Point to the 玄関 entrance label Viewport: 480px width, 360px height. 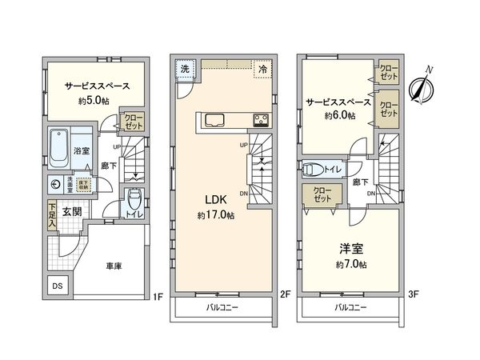pyautogui.click(x=71, y=212)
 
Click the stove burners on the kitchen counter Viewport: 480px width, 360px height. pyautogui.click(x=261, y=121)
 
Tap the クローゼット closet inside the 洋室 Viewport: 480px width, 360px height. pyautogui.click(x=322, y=196)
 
